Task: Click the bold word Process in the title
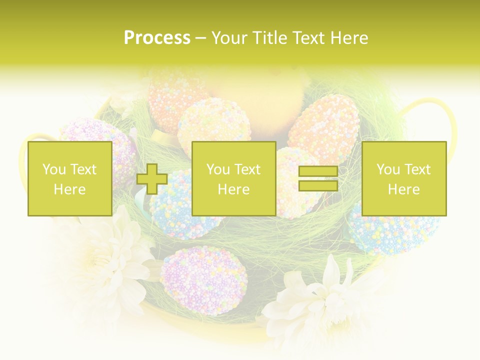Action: (157, 38)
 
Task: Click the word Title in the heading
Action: (269, 38)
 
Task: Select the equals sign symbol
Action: (318, 178)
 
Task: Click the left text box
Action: (69, 178)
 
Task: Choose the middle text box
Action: (233, 178)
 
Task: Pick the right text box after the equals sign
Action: (403, 178)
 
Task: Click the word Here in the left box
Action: (69, 189)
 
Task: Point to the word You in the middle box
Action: (218, 169)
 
